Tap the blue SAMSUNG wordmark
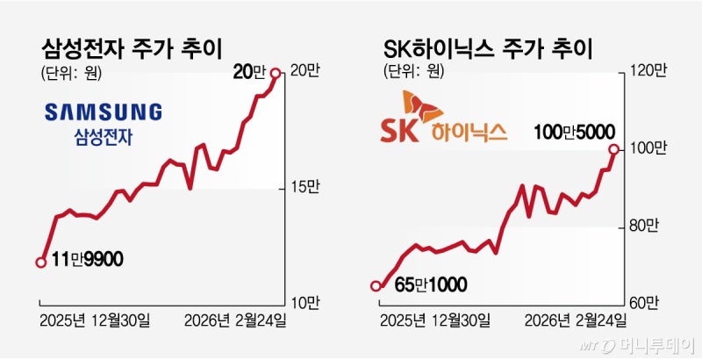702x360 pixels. (104, 112)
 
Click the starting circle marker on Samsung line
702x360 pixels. (40, 262)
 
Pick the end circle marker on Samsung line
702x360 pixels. (276, 74)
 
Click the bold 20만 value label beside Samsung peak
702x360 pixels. (247, 74)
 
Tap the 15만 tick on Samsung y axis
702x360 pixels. (303, 188)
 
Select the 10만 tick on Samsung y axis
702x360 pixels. (303, 303)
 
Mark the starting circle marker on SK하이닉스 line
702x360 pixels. (376, 285)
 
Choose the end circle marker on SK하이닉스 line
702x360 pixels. (612, 149)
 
